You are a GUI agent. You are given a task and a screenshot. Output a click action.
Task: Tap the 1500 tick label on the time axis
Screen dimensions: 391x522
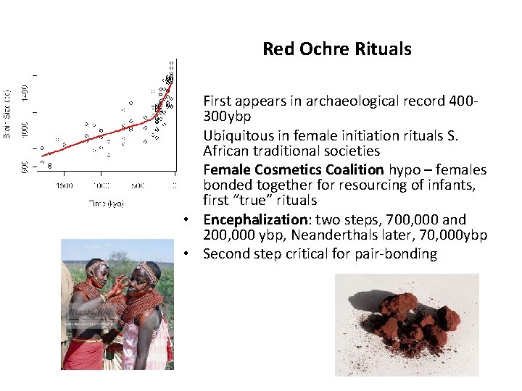pos(64,185)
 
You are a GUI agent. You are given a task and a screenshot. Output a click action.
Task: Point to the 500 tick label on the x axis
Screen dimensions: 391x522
pos(138,185)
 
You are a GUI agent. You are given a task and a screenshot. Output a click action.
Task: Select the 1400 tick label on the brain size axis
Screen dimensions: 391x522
pos(25,92)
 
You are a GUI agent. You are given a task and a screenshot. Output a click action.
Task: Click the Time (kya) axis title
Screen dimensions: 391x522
pos(106,203)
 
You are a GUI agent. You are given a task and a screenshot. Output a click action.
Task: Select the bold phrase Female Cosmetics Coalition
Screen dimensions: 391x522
pos(294,169)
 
